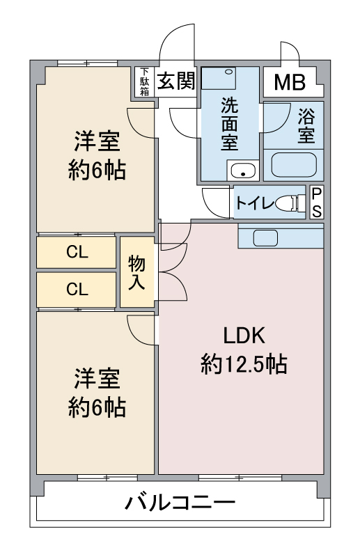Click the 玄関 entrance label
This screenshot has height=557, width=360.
[176, 81]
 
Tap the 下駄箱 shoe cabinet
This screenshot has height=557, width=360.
[144, 81]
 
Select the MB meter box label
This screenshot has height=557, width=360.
[290, 82]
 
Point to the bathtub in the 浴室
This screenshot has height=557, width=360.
[294, 165]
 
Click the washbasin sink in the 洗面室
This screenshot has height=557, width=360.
[243, 170]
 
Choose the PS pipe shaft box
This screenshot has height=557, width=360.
[317, 203]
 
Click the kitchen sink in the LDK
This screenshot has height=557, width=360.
[265, 237]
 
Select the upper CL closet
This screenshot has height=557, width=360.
[77, 252]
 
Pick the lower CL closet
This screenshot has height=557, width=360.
[77, 289]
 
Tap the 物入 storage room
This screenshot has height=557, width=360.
[136, 272]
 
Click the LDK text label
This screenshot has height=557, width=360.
[244, 336]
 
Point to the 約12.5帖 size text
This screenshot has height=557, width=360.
[244, 364]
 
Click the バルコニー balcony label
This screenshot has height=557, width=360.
[180, 503]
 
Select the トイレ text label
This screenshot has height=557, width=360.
[255, 203]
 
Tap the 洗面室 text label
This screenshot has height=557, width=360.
[230, 124]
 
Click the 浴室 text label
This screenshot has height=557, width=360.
[306, 126]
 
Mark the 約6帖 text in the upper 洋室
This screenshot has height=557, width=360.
[97, 170]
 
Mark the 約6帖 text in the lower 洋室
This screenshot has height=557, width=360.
[97, 407]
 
